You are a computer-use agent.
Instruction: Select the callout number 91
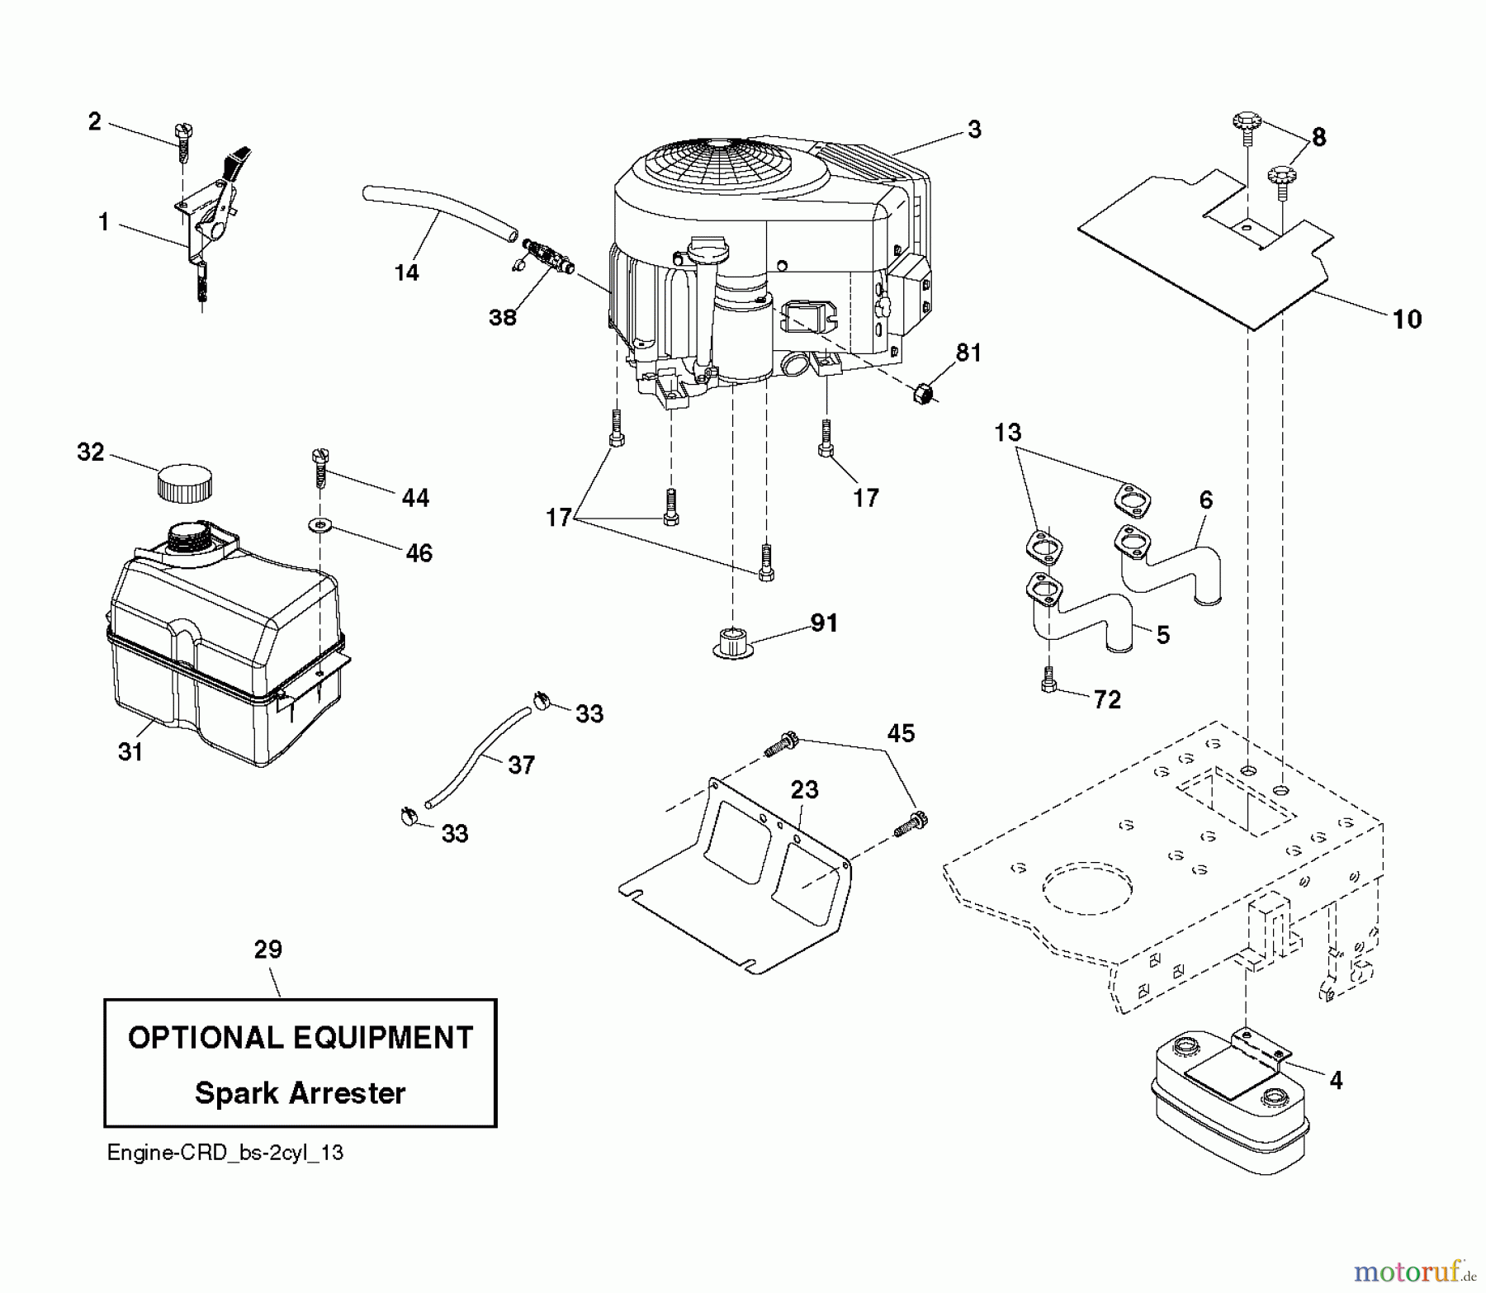coord(824,623)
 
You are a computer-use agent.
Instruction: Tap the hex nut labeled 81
coord(923,393)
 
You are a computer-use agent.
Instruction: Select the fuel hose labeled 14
coord(438,210)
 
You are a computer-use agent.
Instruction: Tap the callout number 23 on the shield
coord(804,790)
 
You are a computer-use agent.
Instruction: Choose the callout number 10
coord(1407,319)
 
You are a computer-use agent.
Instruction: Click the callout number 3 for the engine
coord(974,130)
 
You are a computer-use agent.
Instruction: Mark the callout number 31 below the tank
coord(130,751)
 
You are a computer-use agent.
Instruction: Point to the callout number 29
coord(268,950)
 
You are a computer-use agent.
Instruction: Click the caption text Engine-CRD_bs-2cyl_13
coord(225,1153)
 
